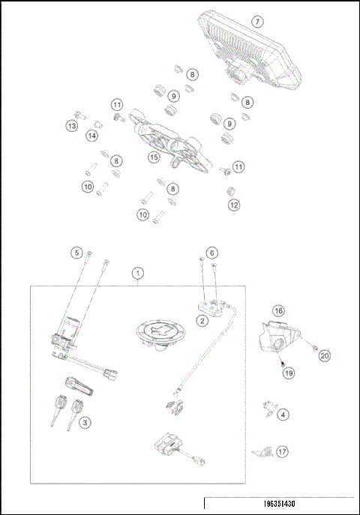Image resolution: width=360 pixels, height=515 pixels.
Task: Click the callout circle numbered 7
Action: (x=257, y=22)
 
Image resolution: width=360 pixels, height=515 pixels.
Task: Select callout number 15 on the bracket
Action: (x=153, y=157)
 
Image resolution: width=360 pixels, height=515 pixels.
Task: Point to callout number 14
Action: (x=91, y=136)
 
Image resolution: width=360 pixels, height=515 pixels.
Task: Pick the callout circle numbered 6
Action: (x=212, y=253)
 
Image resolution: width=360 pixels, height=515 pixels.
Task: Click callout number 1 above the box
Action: (x=136, y=274)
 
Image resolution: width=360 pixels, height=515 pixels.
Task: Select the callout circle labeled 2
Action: (x=202, y=321)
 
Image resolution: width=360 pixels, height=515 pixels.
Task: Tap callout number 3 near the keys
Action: (x=85, y=424)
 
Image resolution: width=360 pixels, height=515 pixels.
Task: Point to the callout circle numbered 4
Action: (x=283, y=413)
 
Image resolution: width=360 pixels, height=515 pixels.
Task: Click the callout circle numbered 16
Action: (x=277, y=310)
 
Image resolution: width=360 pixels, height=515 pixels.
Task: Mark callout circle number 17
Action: (x=283, y=452)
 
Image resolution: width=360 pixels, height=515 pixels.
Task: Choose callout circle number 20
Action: (x=324, y=356)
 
